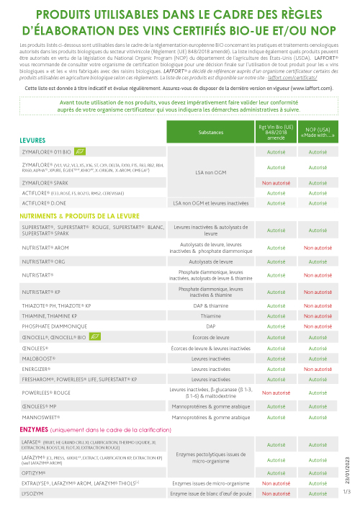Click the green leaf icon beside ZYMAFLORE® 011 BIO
[81, 152]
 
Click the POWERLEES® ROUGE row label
[47, 393]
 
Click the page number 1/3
[346, 492]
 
